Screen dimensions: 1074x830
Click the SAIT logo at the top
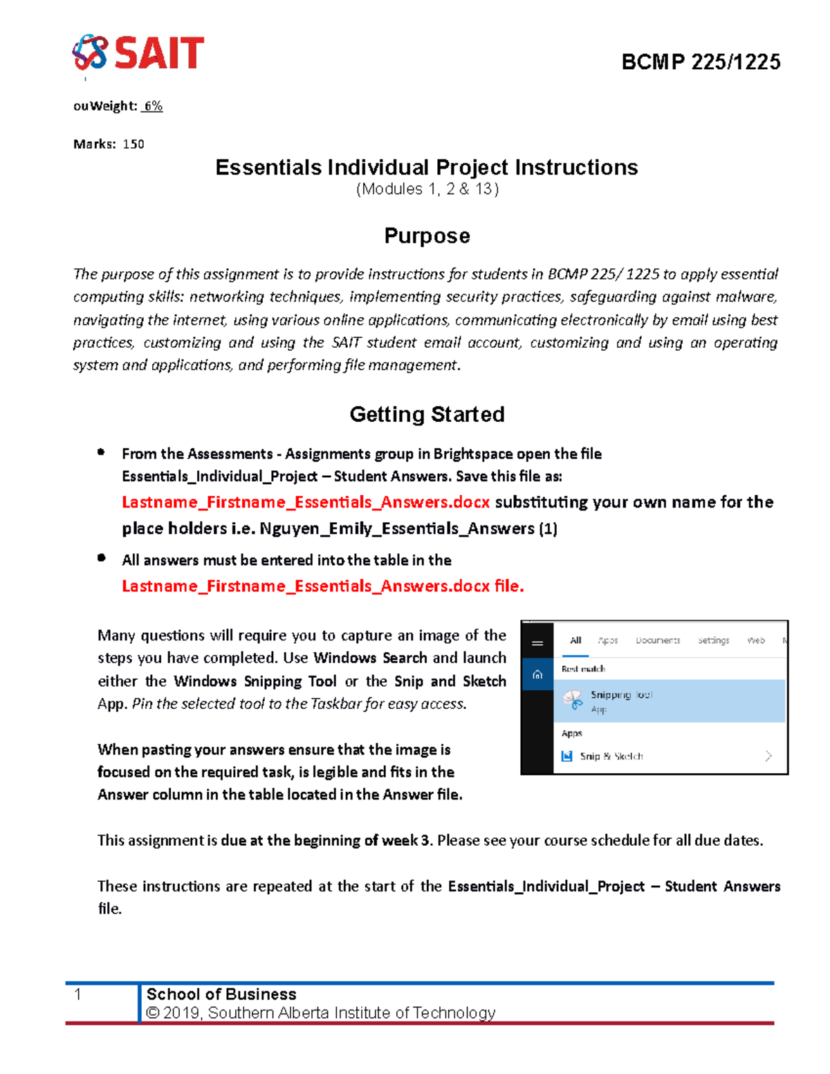(x=138, y=53)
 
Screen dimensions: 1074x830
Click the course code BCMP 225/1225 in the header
(x=701, y=62)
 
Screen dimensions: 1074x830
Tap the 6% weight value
(x=153, y=106)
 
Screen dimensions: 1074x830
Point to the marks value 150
(x=133, y=144)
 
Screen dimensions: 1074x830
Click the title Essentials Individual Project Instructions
(x=426, y=167)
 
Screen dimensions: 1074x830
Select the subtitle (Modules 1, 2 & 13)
(x=427, y=189)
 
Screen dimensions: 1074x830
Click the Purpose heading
(x=427, y=236)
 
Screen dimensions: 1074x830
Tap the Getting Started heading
(x=427, y=414)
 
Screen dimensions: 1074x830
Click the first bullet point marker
(x=101, y=452)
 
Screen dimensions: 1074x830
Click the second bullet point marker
(x=101, y=557)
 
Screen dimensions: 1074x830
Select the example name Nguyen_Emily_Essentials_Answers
(x=397, y=529)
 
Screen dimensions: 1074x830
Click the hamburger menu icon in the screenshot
(x=537, y=643)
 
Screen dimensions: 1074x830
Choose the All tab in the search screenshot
(x=575, y=640)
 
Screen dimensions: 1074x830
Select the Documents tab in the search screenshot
(x=658, y=640)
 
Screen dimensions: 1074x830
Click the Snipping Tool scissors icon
(x=573, y=700)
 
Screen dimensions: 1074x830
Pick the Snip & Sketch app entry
(x=611, y=756)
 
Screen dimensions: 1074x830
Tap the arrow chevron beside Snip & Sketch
(x=768, y=756)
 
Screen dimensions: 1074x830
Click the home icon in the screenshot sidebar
(x=537, y=674)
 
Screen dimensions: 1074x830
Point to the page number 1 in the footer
(x=78, y=994)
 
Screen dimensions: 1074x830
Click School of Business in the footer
(x=221, y=994)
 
